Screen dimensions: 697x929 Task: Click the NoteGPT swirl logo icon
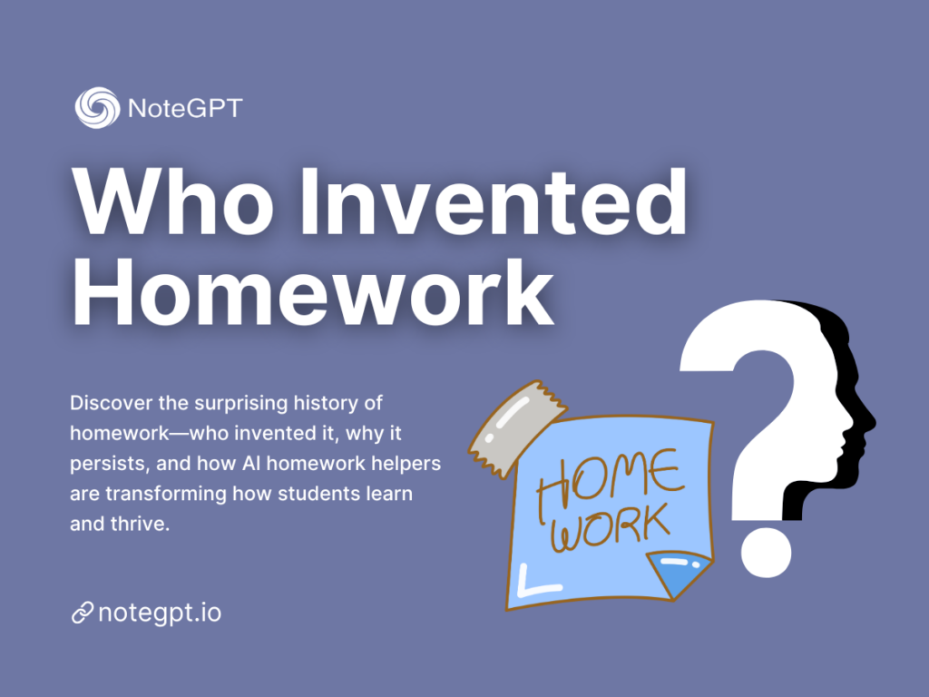pyautogui.click(x=96, y=108)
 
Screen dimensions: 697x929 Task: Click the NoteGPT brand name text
pyautogui.click(x=185, y=109)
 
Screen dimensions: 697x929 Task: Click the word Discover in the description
pyautogui.click(x=107, y=401)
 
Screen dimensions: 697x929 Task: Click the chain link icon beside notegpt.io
pyautogui.click(x=82, y=614)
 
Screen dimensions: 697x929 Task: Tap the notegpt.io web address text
pyautogui.click(x=160, y=613)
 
